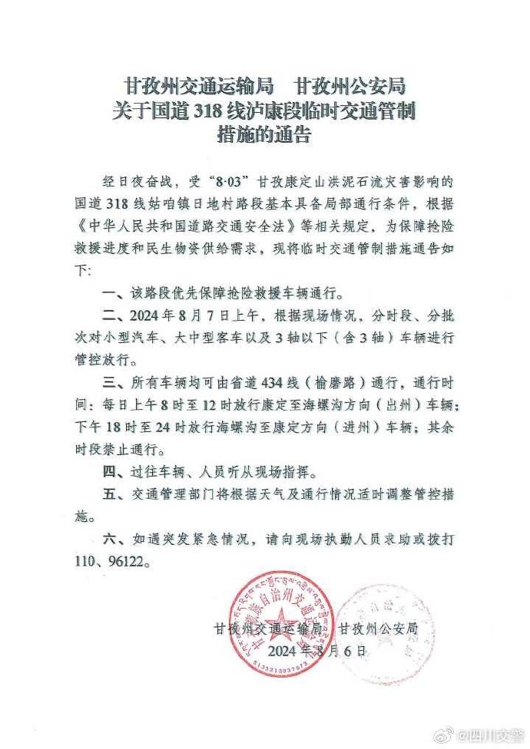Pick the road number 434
[x=287, y=382]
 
